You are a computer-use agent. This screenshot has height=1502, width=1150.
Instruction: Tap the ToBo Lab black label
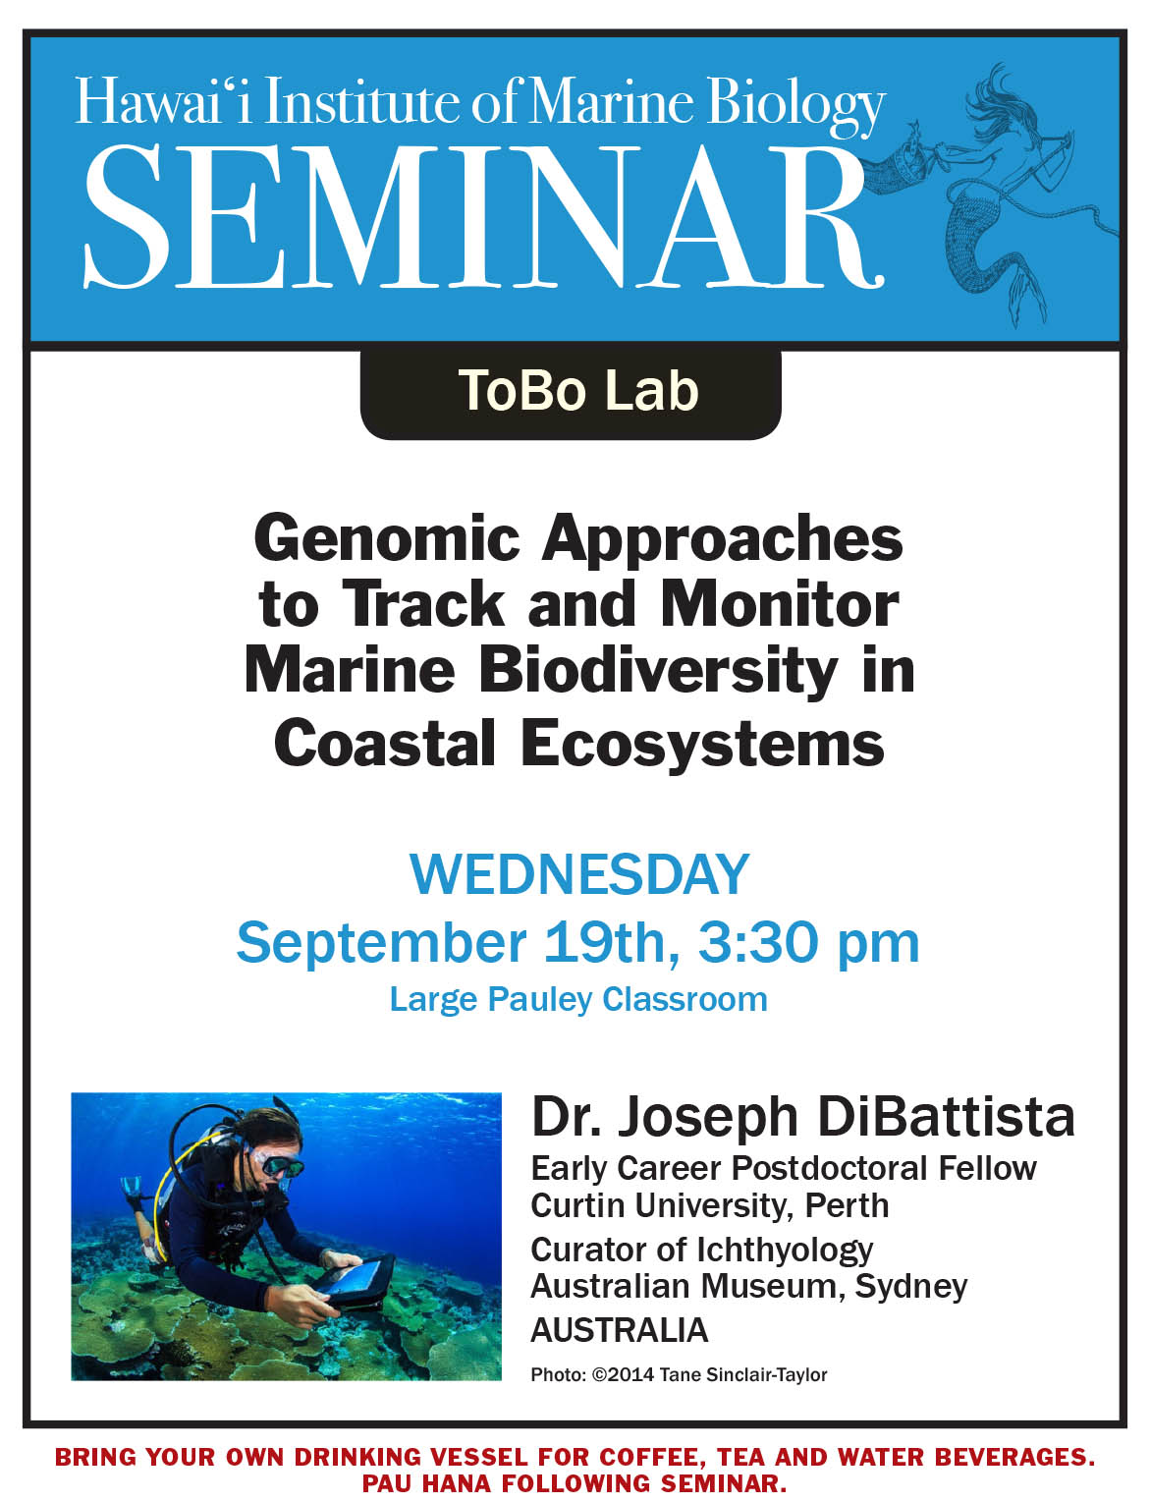click(x=571, y=393)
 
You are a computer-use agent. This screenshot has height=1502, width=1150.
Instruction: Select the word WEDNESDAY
click(x=578, y=875)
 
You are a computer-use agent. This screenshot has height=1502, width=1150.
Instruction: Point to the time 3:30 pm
click(x=809, y=943)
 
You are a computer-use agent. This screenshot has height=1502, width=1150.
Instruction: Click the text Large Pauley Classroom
click(x=578, y=1000)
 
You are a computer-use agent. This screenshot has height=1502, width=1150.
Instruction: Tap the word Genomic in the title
click(x=386, y=539)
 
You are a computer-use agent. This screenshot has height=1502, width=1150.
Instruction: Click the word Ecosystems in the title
click(x=702, y=744)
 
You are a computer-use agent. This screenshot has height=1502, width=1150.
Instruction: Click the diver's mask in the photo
click(x=281, y=1167)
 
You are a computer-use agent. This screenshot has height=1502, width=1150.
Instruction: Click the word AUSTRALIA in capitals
click(x=619, y=1330)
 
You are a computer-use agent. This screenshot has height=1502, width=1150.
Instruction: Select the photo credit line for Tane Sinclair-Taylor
click(x=679, y=1375)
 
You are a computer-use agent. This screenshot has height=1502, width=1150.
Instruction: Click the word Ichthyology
click(x=785, y=1249)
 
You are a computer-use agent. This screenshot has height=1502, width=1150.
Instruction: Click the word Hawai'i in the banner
click(x=164, y=102)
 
